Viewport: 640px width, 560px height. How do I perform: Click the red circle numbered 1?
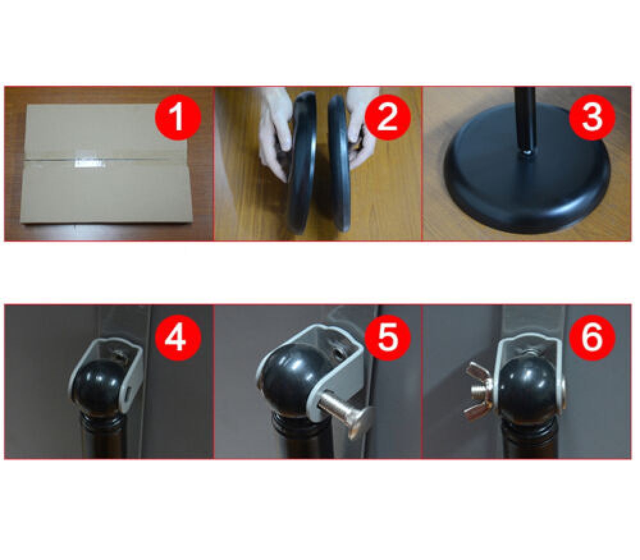click(x=177, y=117)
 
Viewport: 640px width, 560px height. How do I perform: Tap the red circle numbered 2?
click(x=387, y=117)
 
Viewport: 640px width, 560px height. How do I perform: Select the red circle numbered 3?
click(x=592, y=117)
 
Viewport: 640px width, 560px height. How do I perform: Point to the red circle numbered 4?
click(x=177, y=337)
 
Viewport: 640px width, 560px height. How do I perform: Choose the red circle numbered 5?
click(x=387, y=337)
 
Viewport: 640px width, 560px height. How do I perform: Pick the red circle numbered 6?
click(x=592, y=337)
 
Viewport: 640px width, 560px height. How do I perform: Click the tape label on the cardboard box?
click(x=88, y=163)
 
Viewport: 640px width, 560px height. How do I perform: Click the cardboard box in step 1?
click(x=107, y=164)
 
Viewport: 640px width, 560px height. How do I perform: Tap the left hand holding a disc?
click(x=276, y=134)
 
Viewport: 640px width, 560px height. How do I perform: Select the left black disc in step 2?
click(x=303, y=163)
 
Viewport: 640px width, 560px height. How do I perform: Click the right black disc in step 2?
click(x=339, y=163)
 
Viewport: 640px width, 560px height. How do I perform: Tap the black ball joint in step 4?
click(x=98, y=387)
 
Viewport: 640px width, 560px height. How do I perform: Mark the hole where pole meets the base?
click(x=525, y=153)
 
